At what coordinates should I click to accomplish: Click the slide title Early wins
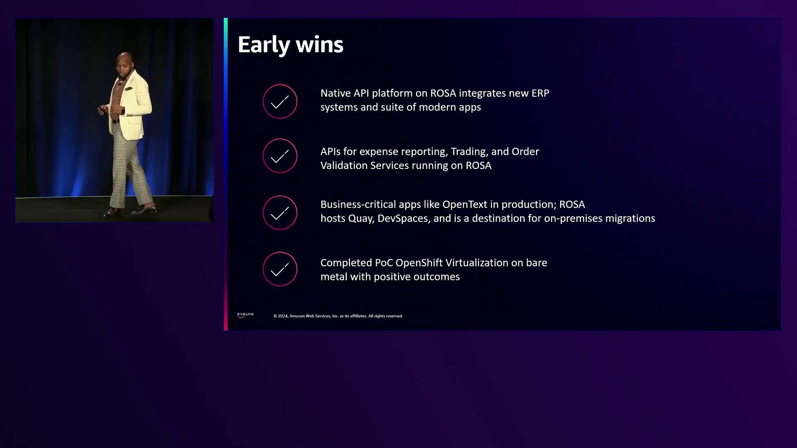291,45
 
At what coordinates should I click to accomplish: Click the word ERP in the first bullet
540,93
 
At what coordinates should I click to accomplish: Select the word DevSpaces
403,219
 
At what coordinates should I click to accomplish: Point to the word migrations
630,219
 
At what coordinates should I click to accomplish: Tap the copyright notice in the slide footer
338,316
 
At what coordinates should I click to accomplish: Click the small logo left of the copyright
245,315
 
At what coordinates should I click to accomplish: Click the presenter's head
124,63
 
